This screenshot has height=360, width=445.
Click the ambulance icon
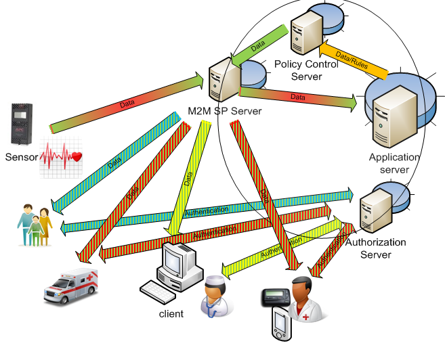tap(70, 284)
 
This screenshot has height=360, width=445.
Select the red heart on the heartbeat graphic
tap(76, 157)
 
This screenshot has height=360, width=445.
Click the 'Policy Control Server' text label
tap(306, 70)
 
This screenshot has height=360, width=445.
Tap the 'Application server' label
tap(394, 163)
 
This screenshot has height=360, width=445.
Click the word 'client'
tap(171, 314)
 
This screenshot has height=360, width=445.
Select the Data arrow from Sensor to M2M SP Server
tap(126, 105)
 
